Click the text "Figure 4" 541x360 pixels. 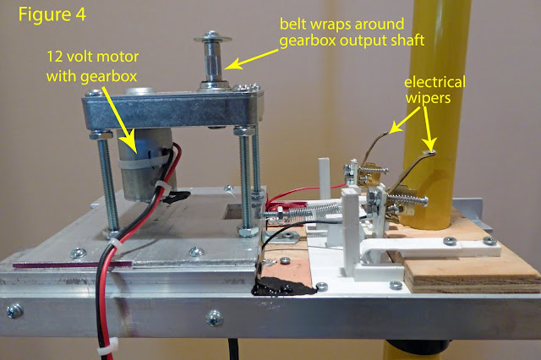[x=52, y=18]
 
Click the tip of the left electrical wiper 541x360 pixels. [x=390, y=130]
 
